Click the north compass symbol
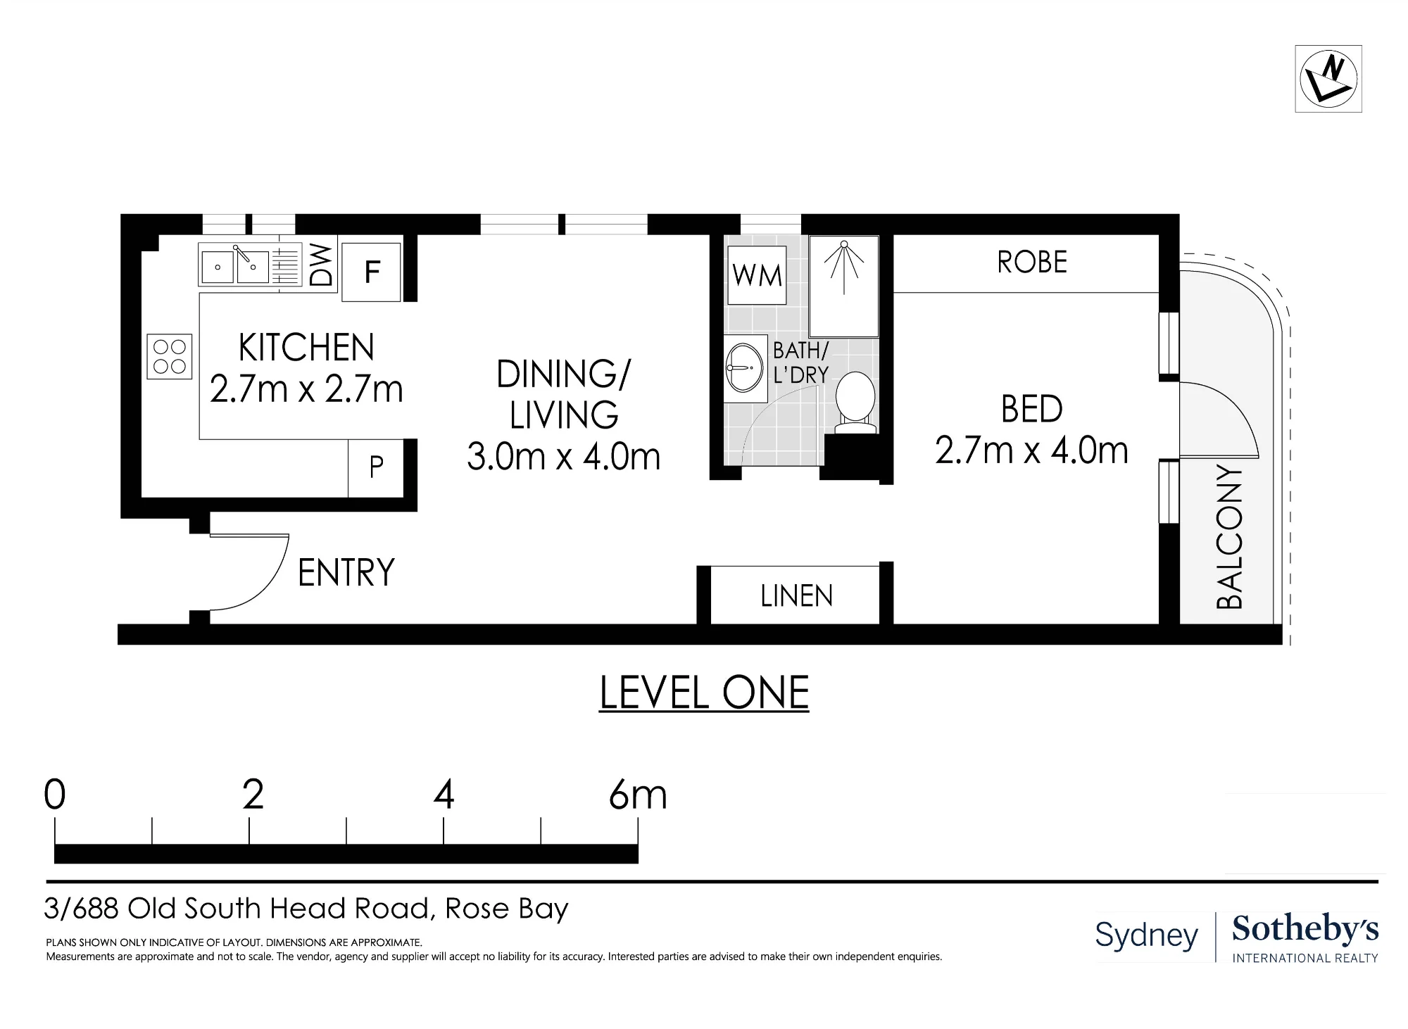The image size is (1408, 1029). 1328,79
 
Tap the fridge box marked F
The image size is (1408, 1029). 372,272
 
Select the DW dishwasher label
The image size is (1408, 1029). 321,265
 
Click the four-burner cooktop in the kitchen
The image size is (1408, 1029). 170,356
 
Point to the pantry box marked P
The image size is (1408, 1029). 376,467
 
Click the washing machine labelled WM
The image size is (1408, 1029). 757,275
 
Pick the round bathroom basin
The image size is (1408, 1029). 745,367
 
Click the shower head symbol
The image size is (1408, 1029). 844,267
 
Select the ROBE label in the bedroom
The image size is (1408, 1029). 1032,263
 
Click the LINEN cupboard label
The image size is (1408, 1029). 796,597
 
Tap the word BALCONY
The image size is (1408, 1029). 1230,537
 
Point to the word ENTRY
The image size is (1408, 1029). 346,572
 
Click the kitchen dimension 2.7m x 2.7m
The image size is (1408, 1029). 306,389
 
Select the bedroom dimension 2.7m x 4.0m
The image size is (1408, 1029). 1031,450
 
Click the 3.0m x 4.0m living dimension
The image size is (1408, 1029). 563,457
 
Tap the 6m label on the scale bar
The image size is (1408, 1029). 638,795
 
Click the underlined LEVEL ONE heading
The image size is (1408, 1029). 704,693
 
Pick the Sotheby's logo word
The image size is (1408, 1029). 1305,930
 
